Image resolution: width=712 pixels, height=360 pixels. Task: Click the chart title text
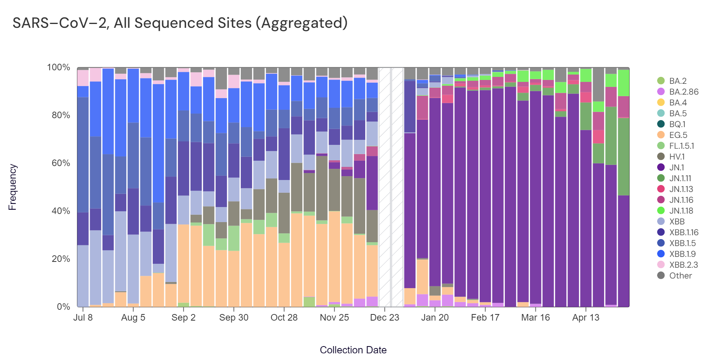[180, 23]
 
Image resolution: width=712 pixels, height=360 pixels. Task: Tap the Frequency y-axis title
[12, 187]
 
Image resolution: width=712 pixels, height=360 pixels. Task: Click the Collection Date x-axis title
[353, 350]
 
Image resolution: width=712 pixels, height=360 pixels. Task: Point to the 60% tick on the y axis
[61, 163]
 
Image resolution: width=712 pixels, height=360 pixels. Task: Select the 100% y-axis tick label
[59, 68]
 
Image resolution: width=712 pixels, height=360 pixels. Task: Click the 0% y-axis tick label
[64, 307]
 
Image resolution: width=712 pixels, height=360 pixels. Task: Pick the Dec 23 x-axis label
[384, 318]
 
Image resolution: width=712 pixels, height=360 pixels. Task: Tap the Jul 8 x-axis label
[83, 318]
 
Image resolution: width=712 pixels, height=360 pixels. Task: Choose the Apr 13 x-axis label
[586, 318]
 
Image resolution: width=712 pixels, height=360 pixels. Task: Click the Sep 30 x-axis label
[233, 318]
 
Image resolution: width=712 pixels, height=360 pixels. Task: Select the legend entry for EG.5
[678, 135]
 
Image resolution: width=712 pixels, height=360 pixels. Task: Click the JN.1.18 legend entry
[681, 211]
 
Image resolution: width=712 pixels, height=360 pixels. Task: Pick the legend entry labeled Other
[680, 276]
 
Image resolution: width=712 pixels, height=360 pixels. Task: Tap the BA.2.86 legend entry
[684, 92]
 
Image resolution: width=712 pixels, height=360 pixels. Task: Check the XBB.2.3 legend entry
[683, 265]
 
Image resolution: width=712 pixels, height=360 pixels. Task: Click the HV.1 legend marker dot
[661, 157]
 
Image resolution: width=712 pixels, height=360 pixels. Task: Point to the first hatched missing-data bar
[384, 187]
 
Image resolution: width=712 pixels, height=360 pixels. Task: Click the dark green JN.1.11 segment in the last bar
[623, 156]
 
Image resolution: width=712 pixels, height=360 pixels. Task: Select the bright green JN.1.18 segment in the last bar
[623, 83]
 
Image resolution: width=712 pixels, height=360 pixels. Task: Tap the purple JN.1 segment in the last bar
[623, 251]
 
